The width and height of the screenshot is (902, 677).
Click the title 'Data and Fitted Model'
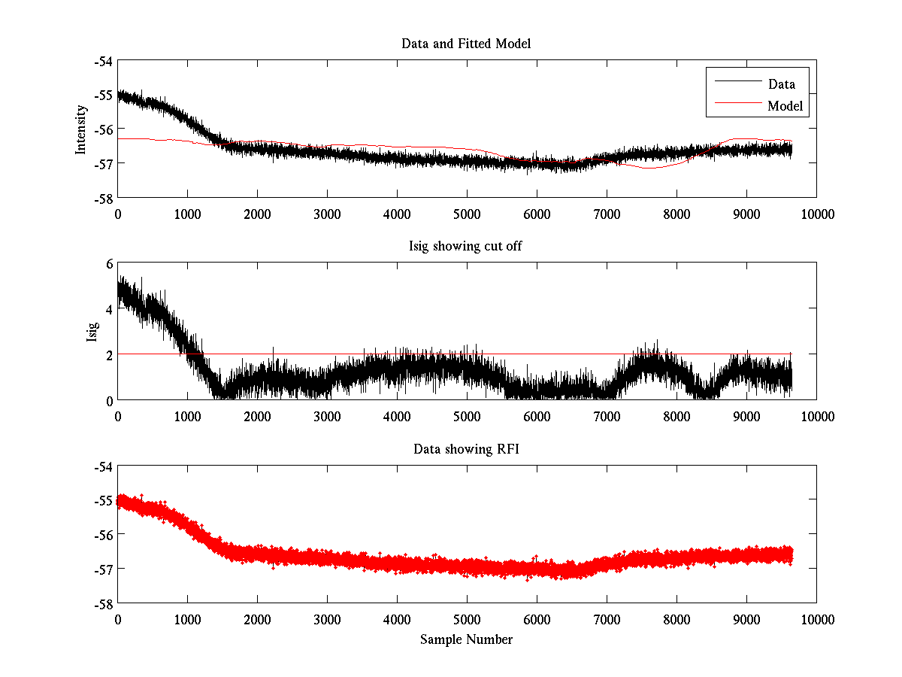466,44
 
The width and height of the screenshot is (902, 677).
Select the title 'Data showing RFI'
466,449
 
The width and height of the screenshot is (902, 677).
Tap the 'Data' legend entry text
781,84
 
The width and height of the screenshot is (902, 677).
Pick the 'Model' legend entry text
785,106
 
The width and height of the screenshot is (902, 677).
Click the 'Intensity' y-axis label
81,129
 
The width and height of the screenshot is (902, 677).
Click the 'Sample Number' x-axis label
466,639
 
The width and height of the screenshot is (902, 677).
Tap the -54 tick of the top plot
104,61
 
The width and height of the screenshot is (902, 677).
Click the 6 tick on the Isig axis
108,263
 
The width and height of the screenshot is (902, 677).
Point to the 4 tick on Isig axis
108,308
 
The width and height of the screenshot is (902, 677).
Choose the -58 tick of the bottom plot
104,603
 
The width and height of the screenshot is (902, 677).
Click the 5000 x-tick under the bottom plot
467,618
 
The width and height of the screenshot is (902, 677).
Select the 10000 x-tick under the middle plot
816,415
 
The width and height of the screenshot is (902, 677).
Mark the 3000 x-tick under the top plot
327,213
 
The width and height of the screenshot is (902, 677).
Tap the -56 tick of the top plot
104,129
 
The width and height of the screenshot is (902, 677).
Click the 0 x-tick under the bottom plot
118,618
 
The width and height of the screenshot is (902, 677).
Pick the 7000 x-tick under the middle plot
607,415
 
